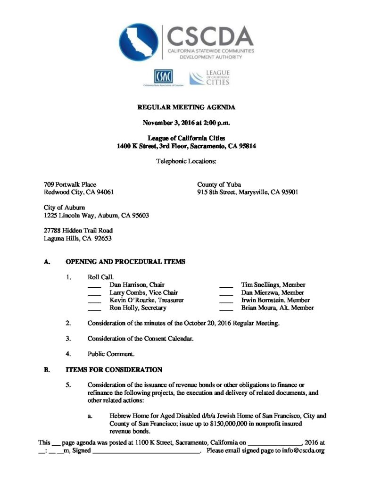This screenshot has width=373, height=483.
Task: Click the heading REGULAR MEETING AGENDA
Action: click(x=186, y=108)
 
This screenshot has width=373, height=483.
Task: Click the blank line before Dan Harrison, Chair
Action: click(x=94, y=286)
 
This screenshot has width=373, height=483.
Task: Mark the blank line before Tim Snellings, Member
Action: click(x=226, y=286)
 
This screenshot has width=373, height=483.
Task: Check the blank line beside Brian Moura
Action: click(x=226, y=309)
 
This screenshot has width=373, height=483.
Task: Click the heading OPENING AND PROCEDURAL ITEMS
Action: click(x=125, y=261)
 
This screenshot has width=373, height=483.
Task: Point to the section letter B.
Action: click(x=47, y=370)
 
